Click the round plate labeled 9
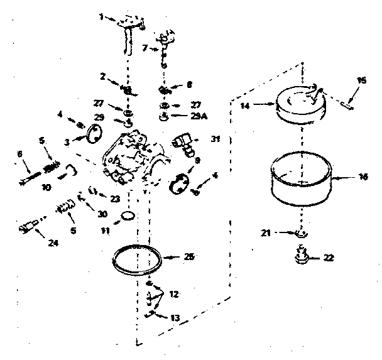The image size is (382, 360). pyautogui.click(x=181, y=182)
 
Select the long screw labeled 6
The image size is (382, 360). pyautogui.click(x=28, y=177)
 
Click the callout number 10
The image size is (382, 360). pyautogui.click(x=46, y=187)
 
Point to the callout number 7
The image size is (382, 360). pyautogui.click(x=145, y=48)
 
